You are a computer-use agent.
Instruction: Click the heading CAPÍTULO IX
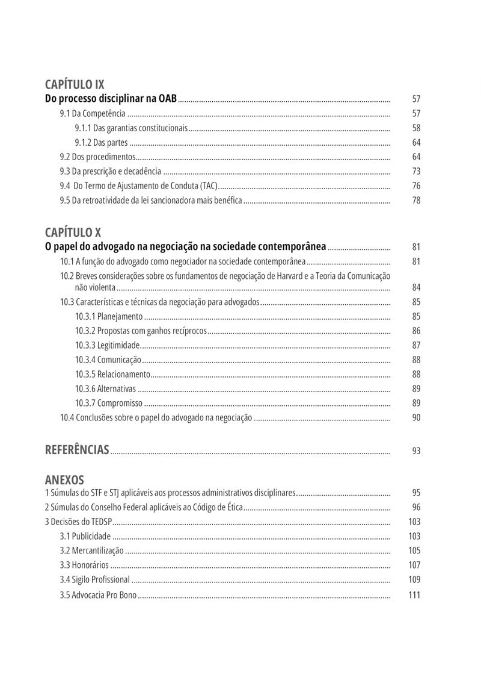pyautogui.click(x=75, y=85)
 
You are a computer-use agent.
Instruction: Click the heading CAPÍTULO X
pyautogui.click(x=73, y=232)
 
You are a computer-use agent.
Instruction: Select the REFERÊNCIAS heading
pyautogui.click(x=77, y=450)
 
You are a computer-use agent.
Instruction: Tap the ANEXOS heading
pyautogui.click(x=64, y=480)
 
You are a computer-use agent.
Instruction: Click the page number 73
pyautogui.click(x=416, y=172)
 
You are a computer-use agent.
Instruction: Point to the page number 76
pyautogui.click(x=416, y=186)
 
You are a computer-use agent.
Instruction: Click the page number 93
pyautogui.click(x=416, y=451)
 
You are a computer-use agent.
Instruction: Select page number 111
pyautogui.click(x=414, y=596)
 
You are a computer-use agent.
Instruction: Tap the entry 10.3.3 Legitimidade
pyautogui.click(x=107, y=345)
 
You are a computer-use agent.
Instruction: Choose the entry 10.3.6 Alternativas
pyautogui.click(x=105, y=388)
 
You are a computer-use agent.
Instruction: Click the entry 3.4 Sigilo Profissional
pyautogui.click(x=94, y=580)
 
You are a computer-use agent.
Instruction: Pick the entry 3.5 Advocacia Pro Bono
pyautogui.click(x=98, y=596)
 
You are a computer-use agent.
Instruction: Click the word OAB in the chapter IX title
pyautogui.click(x=167, y=98)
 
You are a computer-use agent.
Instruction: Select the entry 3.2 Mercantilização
pyautogui.click(x=91, y=550)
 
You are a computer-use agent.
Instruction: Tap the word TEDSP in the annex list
pyautogui.click(x=100, y=522)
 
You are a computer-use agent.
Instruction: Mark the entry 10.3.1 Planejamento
pyautogui.click(x=109, y=316)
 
